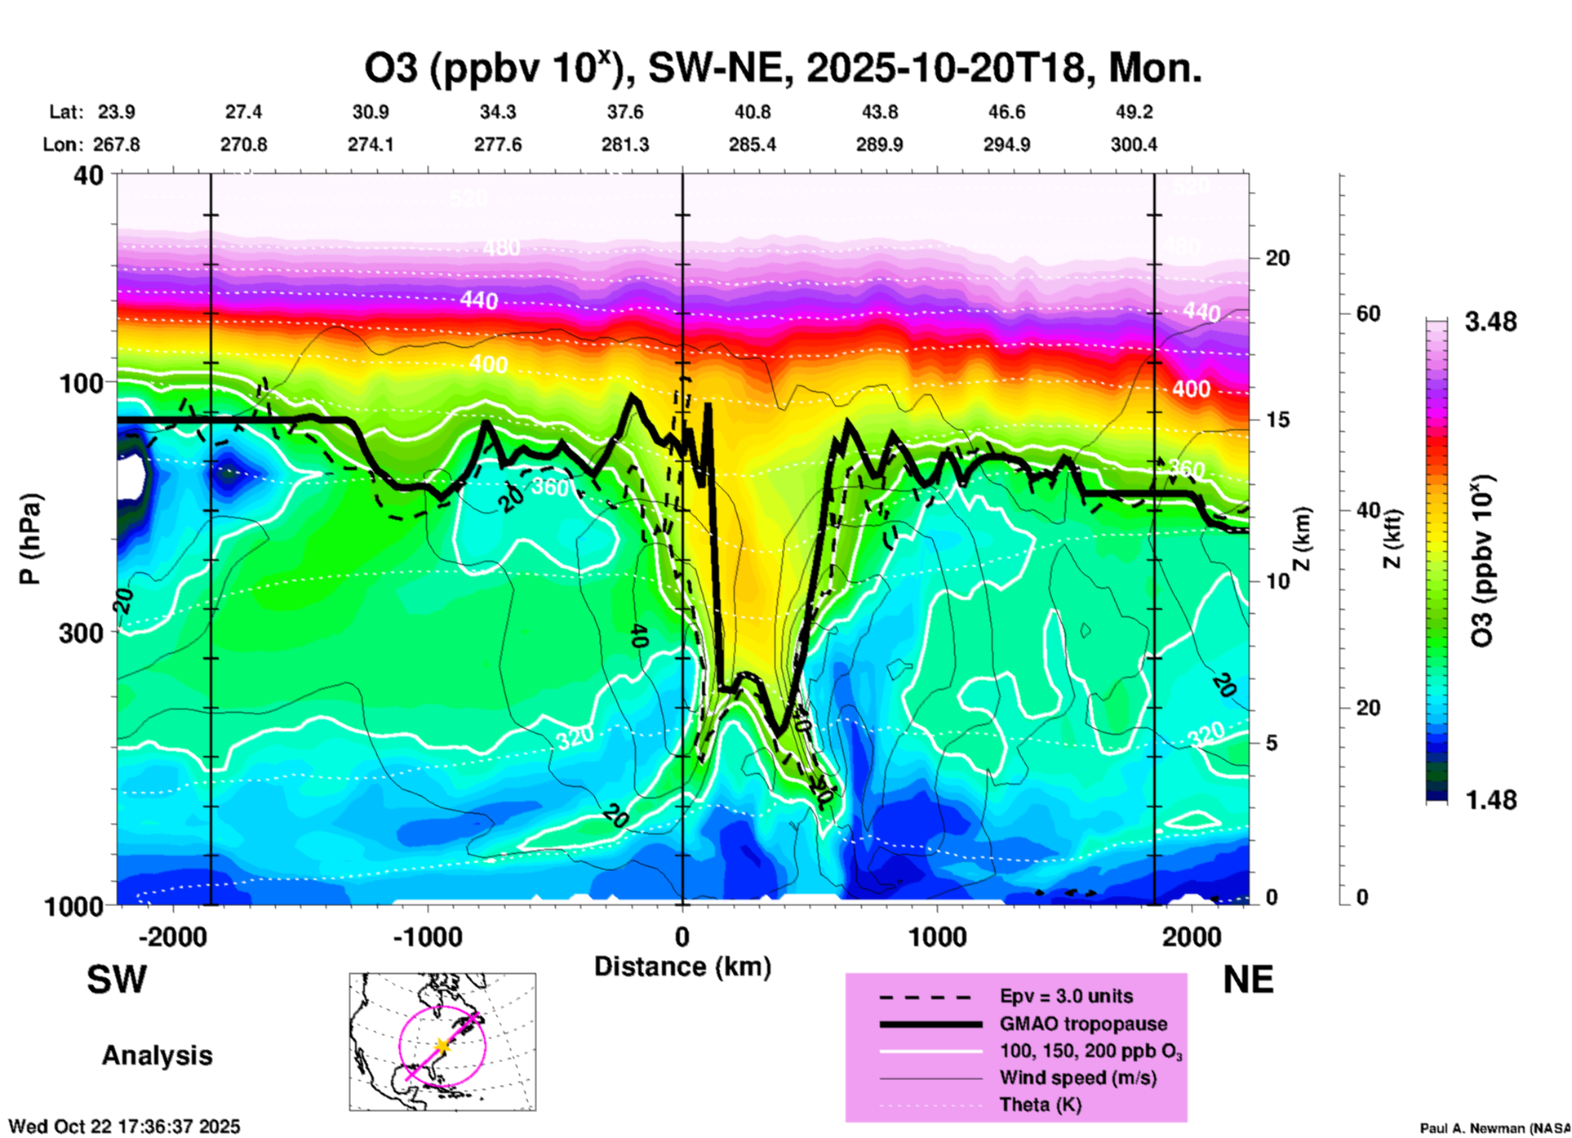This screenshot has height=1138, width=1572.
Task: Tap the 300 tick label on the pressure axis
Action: point(81,633)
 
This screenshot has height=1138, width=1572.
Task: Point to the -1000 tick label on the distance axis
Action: point(427,937)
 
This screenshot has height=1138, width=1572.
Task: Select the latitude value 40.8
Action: point(752,112)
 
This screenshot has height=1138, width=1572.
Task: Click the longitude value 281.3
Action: point(625,144)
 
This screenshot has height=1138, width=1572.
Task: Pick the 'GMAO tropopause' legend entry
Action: point(1083,1024)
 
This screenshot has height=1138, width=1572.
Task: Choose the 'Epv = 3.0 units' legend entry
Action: point(1066,996)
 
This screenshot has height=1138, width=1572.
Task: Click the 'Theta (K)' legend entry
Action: point(1040,1105)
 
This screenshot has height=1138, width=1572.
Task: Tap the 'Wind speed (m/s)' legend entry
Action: point(1077,1078)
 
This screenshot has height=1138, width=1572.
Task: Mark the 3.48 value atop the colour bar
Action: point(1490,322)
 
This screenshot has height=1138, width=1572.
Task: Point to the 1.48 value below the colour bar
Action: point(1490,800)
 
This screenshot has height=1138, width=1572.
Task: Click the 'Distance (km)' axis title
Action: point(682,967)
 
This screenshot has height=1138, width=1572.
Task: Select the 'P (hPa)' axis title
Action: point(30,539)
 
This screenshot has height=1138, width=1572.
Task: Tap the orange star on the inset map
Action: point(442,1046)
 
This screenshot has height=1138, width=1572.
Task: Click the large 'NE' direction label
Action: point(1248,980)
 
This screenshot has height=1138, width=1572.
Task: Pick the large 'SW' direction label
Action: point(117,980)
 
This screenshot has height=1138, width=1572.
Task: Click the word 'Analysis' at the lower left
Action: point(157,1056)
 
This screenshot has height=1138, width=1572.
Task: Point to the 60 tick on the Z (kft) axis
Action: point(1368,313)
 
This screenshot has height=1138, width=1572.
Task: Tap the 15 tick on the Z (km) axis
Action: point(1277,420)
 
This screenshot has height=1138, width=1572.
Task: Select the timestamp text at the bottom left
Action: point(125,1127)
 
